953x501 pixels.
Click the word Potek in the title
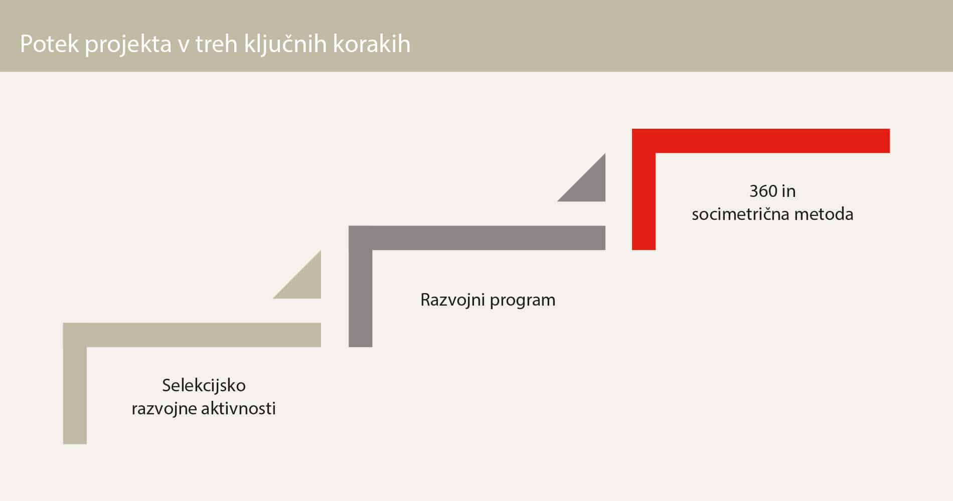[49, 44]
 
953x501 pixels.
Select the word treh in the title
[216, 44]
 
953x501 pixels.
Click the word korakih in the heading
[372, 44]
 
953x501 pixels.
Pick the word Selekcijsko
[204, 385]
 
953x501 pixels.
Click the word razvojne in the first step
[164, 409]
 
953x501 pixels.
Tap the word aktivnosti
[238, 409]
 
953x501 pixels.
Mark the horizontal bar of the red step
[772, 141]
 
